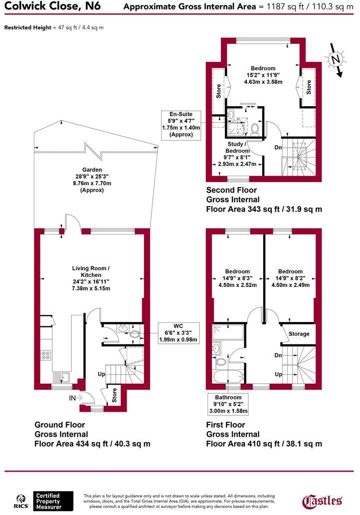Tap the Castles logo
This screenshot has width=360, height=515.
click(323, 501)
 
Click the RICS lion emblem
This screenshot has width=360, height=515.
click(21, 500)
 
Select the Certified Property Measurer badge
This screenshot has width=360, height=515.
click(48, 501)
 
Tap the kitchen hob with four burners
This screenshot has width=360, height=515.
click(45, 356)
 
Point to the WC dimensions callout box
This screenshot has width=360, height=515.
click(178, 333)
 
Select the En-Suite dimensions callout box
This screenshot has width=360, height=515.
click(181, 124)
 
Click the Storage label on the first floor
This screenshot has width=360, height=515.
click(299, 334)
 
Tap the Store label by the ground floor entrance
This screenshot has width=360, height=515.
click(114, 395)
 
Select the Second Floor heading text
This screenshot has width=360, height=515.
click(231, 190)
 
